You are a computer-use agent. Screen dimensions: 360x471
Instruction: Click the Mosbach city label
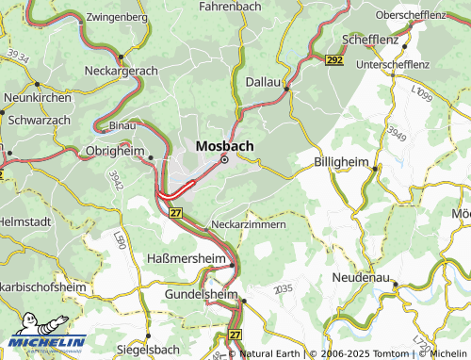coord(223,146)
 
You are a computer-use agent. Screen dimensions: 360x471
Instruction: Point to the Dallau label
coord(264,83)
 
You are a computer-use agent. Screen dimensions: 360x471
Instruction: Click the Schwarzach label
coord(37,121)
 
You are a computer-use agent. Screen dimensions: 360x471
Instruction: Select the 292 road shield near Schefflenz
coord(334,60)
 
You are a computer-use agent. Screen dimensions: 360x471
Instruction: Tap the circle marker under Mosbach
coord(224,160)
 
